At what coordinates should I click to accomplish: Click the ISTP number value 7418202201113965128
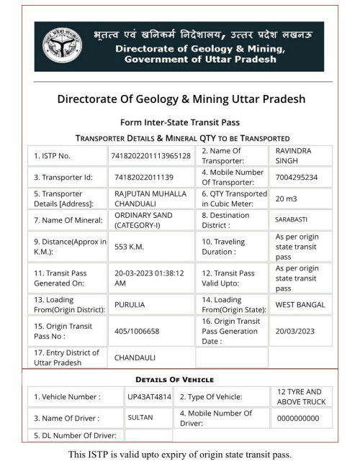point(150,155)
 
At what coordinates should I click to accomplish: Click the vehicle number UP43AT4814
point(149,396)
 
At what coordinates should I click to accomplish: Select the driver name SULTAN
point(140,417)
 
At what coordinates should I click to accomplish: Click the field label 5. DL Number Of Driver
point(76,435)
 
